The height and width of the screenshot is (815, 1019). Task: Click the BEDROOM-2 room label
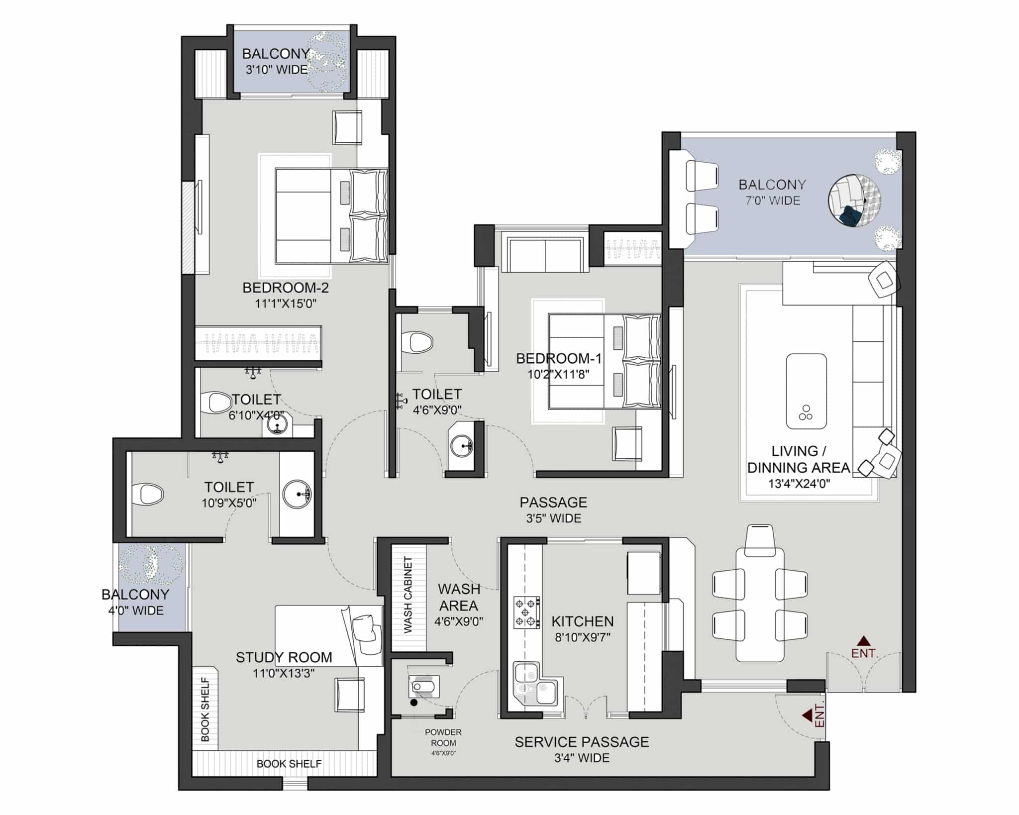tap(286, 288)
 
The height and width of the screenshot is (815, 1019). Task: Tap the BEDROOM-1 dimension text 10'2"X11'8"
tap(559, 374)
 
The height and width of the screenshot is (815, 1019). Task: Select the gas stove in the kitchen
tap(526, 612)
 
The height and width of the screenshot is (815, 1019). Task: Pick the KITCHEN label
tap(583, 621)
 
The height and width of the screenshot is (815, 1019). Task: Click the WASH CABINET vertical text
tap(408, 595)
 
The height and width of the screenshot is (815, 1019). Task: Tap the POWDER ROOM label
tap(443, 737)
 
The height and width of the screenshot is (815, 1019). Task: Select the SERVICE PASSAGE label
tap(582, 742)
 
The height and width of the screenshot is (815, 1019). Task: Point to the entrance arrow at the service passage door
tap(808, 715)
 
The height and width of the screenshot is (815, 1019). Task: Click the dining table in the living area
tap(760, 605)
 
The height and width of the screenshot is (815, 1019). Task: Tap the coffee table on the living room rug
tap(806, 391)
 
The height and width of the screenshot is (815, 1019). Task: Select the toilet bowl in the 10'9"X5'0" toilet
tap(149, 494)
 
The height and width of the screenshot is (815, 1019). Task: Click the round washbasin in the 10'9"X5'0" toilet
tap(297, 494)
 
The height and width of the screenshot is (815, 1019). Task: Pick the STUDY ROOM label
tap(284, 657)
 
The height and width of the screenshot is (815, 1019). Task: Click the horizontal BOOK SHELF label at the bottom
tap(289, 763)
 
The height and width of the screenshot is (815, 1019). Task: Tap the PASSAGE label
tap(553, 502)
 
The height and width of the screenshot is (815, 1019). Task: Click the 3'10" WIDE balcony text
tap(277, 69)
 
